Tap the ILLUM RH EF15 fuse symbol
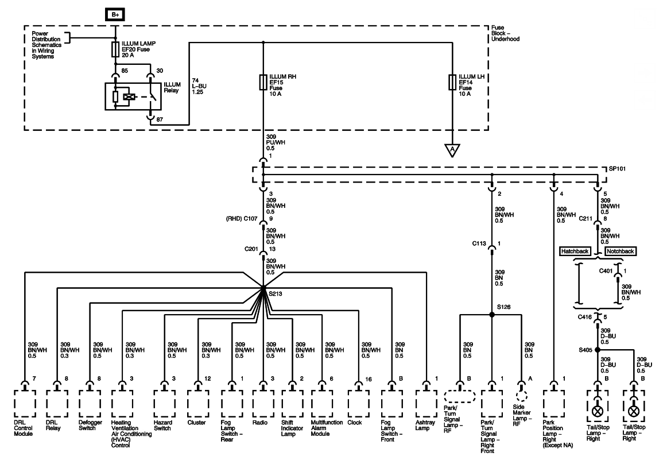pos(263,81)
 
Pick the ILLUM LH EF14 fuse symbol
pos(452,81)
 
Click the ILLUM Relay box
pos(133,96)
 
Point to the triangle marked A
pos(452,150)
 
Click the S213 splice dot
pos(263,287)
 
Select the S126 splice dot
pos(491,315)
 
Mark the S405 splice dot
pos(597,349)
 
